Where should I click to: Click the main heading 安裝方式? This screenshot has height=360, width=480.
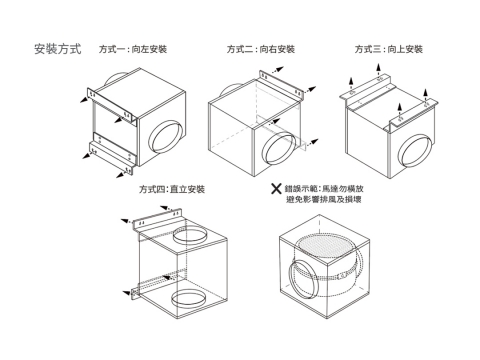tap(58, 49)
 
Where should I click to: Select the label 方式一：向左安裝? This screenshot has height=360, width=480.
tap(133, 49)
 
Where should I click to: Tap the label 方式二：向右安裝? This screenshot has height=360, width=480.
tap(261, 49)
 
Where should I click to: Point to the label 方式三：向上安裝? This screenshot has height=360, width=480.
tap(389, 49)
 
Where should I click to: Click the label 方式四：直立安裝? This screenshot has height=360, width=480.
tap(172, 189)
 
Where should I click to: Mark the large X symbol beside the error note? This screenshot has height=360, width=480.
tap(276, 189)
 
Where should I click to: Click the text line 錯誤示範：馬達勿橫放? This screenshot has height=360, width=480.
tap(324, 189)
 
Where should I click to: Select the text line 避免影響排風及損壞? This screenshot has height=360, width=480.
tap(324, 199)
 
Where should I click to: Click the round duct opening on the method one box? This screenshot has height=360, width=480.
tap(165, 137)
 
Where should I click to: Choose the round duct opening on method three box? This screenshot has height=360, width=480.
tap(415, 151)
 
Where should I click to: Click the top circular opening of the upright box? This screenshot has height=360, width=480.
tap(190, 235)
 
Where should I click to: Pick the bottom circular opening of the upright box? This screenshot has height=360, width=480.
tap(189, 299)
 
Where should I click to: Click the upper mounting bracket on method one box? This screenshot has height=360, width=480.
tap(112, 107)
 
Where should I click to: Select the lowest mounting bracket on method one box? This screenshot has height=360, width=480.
tap(111, 158)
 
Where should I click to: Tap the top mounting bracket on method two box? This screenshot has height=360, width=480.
tap(281, 85)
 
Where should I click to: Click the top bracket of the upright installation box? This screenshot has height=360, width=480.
tap(157, 220)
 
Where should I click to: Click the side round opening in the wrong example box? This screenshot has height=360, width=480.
tap(302, 279)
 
